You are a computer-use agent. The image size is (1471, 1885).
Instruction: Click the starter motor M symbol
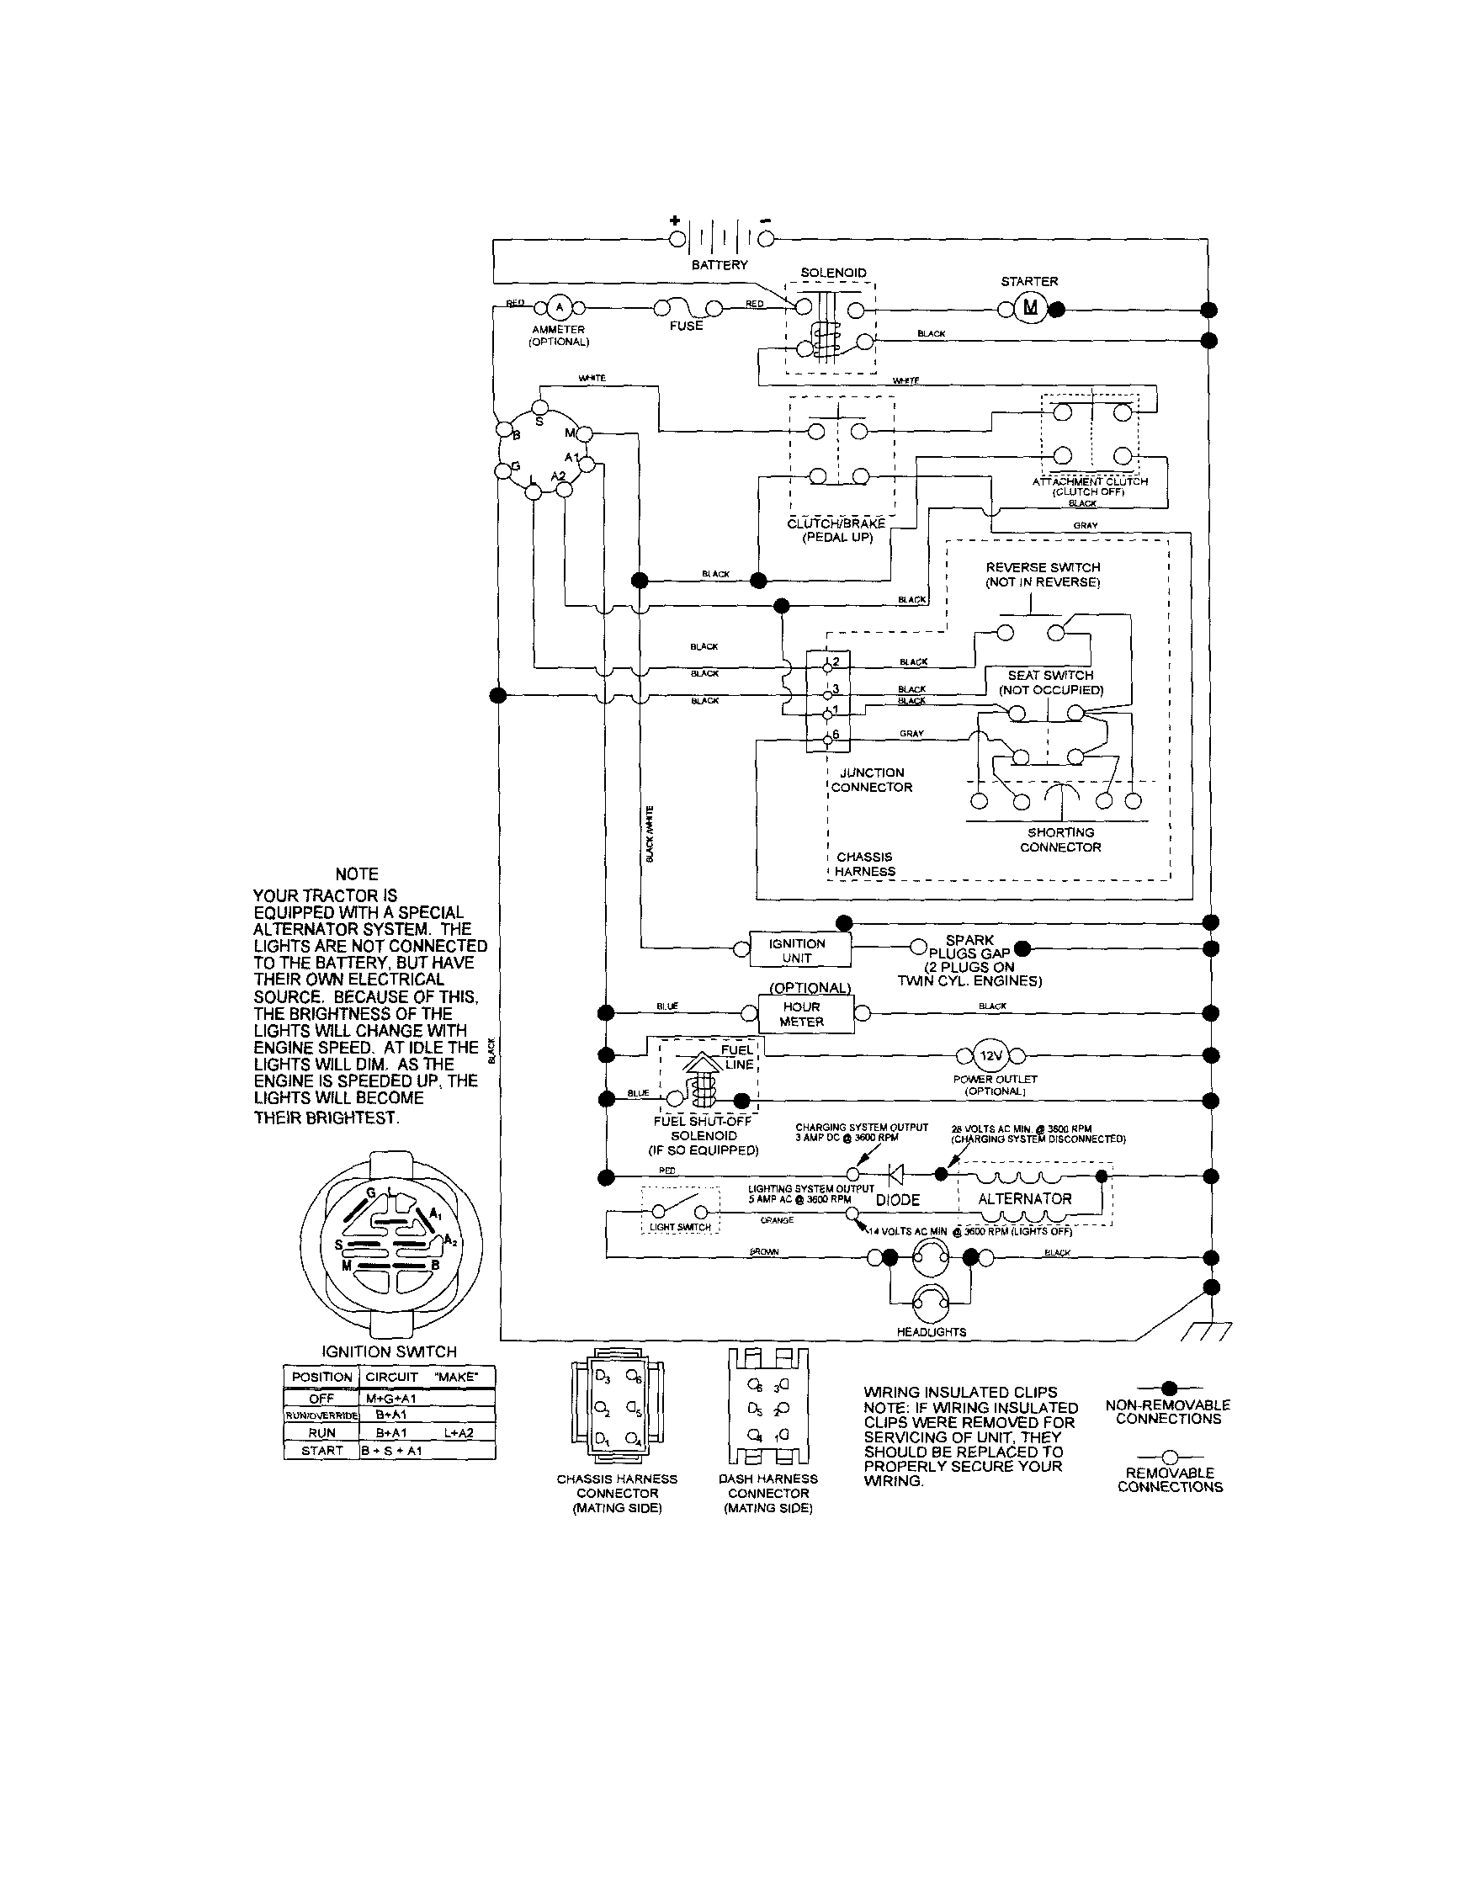click(1030, 308)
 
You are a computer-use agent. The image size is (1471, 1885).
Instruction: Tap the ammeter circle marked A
click(559, 307)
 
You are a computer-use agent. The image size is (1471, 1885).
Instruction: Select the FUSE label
click(687, 327)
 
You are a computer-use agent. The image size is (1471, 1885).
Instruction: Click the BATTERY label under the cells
click(720, 265)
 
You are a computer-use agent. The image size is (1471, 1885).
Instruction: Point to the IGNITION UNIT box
click(798, 950)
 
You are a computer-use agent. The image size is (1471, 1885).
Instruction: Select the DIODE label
click(898, 1200)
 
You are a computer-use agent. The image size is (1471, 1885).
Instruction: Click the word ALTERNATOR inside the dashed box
click(1025, 1199)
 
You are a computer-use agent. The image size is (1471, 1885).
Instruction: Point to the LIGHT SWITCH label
click(680, 1227)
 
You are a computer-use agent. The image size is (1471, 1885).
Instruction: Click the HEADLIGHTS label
click(931, 1332)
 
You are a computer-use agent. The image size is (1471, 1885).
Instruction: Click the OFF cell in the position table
click(321, 1399)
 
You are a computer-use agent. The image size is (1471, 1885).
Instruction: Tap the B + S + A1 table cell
click(391, 1451)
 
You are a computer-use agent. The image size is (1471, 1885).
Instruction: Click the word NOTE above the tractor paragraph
click(357, 874)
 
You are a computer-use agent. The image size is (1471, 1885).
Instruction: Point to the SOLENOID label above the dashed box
click(833, 273)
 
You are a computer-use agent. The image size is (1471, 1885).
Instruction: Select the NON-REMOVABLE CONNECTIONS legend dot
click(1169, 1388)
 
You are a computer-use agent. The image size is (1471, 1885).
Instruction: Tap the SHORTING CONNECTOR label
click(1060, 840)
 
